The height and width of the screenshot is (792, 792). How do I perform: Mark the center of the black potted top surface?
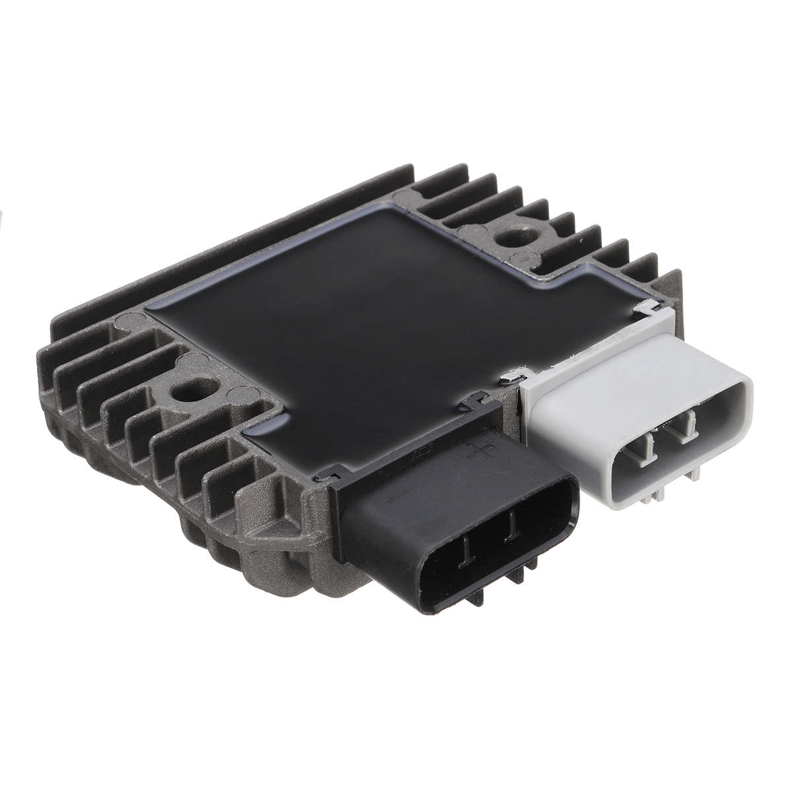coord(370,310)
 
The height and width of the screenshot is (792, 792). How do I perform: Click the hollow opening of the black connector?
coord(488,548)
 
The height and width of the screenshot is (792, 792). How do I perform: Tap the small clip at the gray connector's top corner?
coord(650,306)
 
